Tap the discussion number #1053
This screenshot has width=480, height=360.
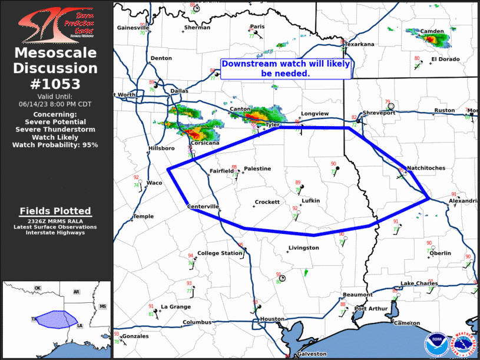(x=56, y=84)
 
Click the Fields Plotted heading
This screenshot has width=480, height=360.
(x=55, y=211)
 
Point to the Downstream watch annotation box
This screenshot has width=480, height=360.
(x=286, y=69)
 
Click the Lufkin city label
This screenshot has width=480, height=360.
(x=310, y=201)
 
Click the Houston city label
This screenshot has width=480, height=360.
(x=272, y=319)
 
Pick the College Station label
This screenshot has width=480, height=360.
(x=216, y=253)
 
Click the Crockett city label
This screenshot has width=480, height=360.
(x=267, y=202)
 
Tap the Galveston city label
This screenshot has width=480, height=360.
(x=312, y=354)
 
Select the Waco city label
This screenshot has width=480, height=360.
(x=154, y=183)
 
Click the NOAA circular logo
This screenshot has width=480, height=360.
(x=436, y=345)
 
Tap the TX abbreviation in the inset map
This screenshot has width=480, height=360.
(x=34, y=319)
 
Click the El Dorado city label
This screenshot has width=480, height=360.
(x=444, y=59)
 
